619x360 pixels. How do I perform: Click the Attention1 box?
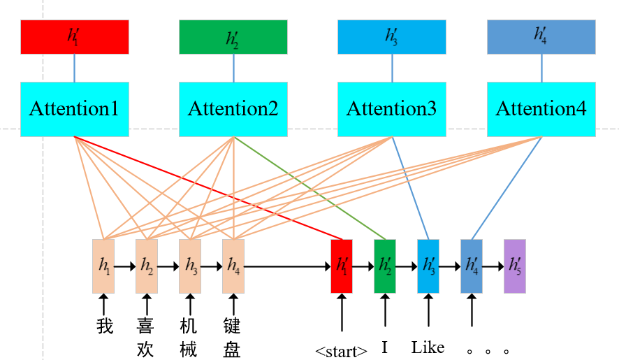point(74,109)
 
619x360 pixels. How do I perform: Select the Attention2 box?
point(233,109)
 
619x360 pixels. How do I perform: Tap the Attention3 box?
point(391,109)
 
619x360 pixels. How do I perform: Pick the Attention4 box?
point(541,109)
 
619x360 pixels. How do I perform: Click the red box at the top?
point(74,37)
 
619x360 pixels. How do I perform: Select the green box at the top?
point(233,37)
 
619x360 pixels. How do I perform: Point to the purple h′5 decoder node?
point(514,266)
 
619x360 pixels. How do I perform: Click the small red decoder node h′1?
point(341,266)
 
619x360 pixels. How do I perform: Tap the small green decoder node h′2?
point(384,266)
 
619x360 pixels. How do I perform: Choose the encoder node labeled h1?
point(103,266)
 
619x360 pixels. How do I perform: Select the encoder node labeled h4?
point(233,266)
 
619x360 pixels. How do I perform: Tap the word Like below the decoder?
point(428,347)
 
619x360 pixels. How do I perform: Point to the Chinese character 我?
point(104,326)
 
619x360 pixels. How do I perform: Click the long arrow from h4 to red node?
point(286,266)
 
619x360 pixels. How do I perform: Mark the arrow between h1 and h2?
point(125,266)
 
